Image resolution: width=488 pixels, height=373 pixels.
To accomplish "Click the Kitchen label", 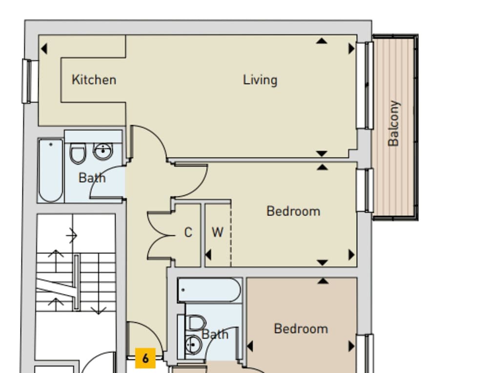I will click(x=94, y=79).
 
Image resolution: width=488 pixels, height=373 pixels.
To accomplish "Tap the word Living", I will click(x=260, y=79).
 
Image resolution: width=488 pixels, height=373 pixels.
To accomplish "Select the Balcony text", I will click(x=393, y=123).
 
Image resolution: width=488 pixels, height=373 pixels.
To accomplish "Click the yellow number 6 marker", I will click(x=145, y=358).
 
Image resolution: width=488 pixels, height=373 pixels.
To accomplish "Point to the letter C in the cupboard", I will click(x=188, y=233).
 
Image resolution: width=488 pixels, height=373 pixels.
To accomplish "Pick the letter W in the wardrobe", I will click(x=217, y=233).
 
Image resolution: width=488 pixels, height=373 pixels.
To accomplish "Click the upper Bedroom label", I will click(x=293, y=211).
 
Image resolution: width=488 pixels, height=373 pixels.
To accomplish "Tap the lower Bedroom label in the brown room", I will click(x=301, y=329).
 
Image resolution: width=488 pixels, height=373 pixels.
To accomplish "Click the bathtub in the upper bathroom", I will click(x=51, y=170).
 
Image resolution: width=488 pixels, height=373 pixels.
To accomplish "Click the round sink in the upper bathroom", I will click(x=103, y=152).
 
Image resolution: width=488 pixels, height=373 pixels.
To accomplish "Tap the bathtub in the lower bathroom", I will click(x=209, y=290).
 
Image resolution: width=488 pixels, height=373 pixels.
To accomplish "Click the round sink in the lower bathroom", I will click(x=194, y=345).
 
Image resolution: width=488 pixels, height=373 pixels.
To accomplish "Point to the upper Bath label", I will click(x=92, y=178).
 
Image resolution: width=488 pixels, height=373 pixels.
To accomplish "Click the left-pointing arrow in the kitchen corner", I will click(x=44, y=49).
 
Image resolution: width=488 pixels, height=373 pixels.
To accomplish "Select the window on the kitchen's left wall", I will click(x=30, y=81).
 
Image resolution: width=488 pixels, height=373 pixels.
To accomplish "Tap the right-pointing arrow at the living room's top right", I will click(x=351, y=49).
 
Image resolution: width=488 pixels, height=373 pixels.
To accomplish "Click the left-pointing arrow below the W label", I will click(x=208, y=255).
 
